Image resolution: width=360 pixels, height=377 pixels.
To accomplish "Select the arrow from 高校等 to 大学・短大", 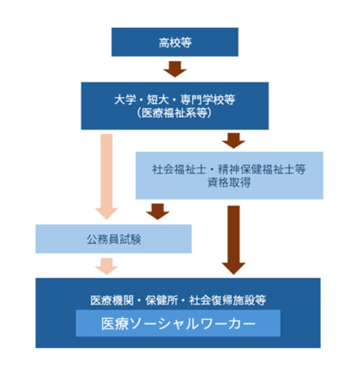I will [x=175, y=69].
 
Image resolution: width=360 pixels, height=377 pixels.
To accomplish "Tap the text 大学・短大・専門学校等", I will [x=175, y=100].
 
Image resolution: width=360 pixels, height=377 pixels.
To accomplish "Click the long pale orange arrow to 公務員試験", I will [x=107, y=174].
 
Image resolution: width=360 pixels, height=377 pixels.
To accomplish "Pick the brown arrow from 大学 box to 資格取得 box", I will [x=234, y=140].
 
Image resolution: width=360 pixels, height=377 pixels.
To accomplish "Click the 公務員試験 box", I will [x=114, y=239].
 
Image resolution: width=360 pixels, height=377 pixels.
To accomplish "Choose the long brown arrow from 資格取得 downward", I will [x=234, y=238].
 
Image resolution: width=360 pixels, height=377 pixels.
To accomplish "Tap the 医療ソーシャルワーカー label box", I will [x=178, y=323].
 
